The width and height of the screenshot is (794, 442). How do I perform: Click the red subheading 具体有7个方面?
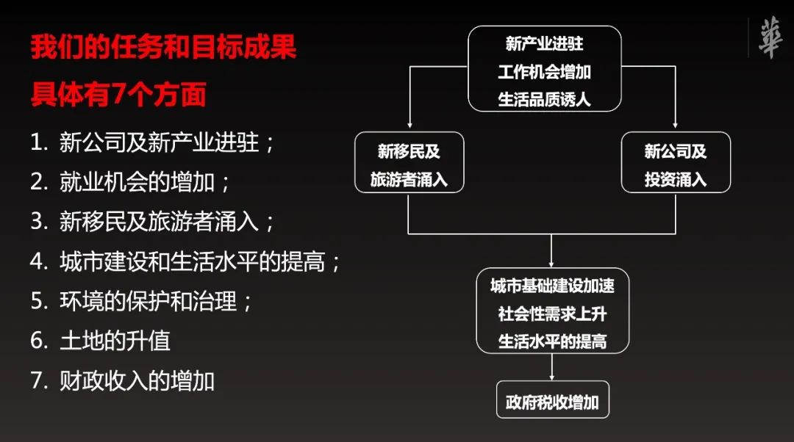coord(118,95)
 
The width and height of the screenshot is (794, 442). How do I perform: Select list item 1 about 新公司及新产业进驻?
coord(153,142)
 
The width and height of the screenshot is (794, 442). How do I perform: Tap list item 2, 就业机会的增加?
coord(131,182)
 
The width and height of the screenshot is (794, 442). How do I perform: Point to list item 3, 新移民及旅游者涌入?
coord(153,222)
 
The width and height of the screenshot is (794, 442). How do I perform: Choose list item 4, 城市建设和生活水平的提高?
coord(186,261)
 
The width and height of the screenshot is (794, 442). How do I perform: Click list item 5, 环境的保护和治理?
coord(142,301)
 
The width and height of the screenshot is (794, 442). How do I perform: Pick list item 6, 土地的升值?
coord(100,341)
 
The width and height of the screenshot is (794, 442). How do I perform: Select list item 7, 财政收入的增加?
coord(122,381)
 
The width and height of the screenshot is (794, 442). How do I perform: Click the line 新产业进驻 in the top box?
coord(544,44)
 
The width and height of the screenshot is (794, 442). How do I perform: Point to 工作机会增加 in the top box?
coord(544,71)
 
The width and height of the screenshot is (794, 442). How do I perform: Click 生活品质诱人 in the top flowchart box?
coord(544,98)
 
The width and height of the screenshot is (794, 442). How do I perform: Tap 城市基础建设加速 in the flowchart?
coord(552,286)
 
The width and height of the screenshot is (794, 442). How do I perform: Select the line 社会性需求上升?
coord(552,314)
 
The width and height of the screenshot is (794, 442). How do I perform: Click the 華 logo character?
coord(770,38)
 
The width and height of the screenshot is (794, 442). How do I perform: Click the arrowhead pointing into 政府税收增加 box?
coord(552,376)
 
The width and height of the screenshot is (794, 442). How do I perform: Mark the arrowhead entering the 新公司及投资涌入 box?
coord(676,127)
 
